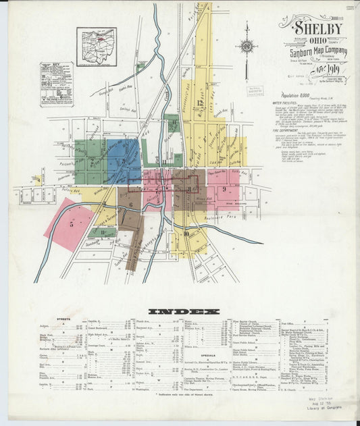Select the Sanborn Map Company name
tap(319, 51)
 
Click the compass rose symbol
tap(247, 47)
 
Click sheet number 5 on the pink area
tap(70, 223)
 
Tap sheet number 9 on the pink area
tap(222, 190)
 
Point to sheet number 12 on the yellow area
tap(199, 103)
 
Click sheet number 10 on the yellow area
tap(185, 234)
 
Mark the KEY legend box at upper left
tap(56, 84)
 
